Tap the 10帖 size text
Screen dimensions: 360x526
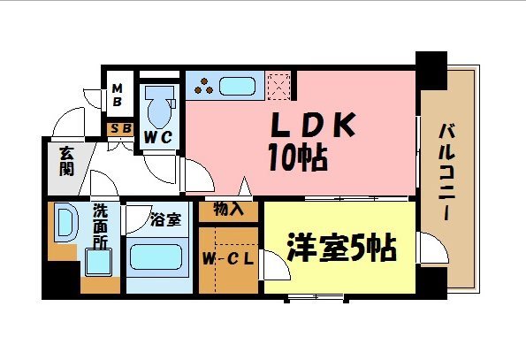(x=296, y=159)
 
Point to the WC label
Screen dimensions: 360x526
(x=158, y=137)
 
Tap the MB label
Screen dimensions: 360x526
(x=117, y=96)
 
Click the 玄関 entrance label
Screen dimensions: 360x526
(x=65, y=162)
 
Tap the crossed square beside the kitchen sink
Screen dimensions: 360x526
(x=278, y=87)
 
